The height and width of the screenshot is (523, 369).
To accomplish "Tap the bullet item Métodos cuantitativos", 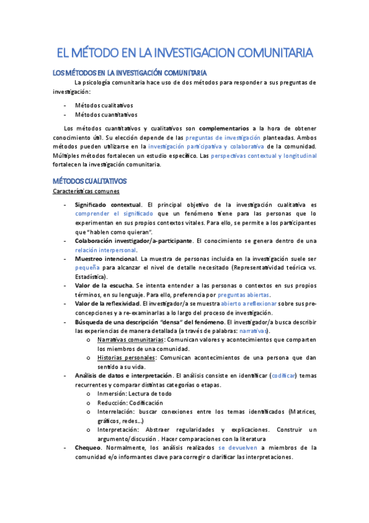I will [106, 114].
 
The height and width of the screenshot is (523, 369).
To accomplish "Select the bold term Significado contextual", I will [108, 204].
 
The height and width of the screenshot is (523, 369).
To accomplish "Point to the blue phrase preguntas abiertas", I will [246, 295].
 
